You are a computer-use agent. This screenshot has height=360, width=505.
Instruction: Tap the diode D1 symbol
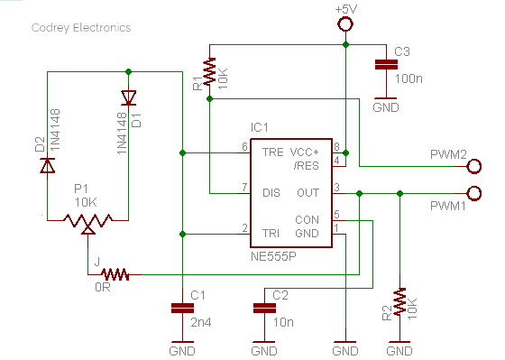click(129, 97)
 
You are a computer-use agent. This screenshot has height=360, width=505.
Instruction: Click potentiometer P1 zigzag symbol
click(87, 219)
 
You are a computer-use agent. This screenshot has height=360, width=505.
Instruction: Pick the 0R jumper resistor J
click(115, 273)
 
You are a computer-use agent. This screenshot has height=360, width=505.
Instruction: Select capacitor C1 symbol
click(182, 309)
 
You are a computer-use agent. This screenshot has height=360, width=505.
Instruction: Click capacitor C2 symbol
click(263, 309)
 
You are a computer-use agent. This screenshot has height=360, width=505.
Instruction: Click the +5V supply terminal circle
click(344, 23)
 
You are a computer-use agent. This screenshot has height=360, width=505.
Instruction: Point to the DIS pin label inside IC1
click(271, 192)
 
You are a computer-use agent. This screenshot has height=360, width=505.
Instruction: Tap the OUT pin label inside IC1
click(308, 192)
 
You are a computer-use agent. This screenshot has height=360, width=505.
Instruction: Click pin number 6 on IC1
click(244, 147)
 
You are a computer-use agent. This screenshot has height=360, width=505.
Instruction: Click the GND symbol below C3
click(385, 101)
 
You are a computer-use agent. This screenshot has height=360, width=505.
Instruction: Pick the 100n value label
click(409, 78)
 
